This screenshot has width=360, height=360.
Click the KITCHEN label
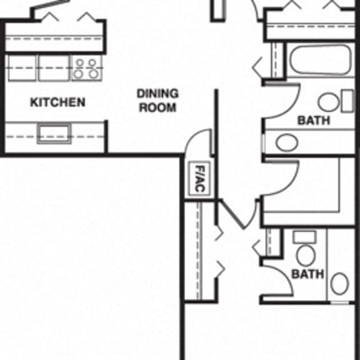[57, 102]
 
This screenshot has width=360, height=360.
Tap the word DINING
[157, 94]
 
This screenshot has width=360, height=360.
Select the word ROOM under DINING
[157, 107]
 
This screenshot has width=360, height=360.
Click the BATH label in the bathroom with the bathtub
[313, 120]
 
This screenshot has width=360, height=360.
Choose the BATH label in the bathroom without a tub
[308, 274]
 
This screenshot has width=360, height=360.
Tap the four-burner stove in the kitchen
[86, 67]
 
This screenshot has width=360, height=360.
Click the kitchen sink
[54, 133]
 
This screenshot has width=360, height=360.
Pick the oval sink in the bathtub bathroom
[287, 142]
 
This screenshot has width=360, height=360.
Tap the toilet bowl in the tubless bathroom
[306, 254]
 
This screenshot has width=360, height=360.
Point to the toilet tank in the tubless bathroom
[305, 237]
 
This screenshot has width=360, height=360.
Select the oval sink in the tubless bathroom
[339, 283]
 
